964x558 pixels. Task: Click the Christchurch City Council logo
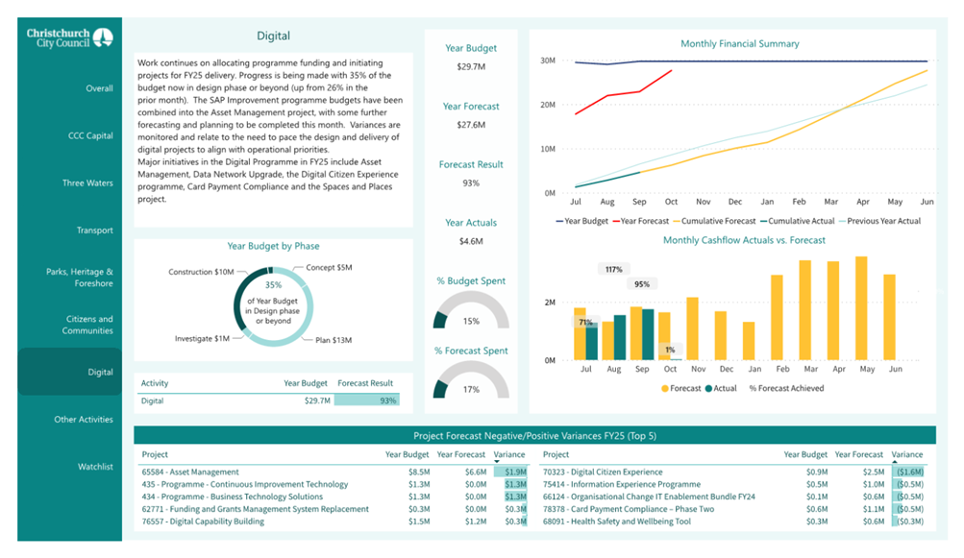[x=69, y=38]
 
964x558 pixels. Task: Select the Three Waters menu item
[x=87, y=183]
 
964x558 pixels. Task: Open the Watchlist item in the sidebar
[x=95, y=467]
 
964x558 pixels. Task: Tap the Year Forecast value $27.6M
[x=471, y=125]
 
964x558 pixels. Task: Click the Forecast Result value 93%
[x=471, y=183]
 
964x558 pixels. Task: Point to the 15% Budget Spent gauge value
[x=471, y=322]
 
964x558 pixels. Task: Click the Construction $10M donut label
[x=201, y=272]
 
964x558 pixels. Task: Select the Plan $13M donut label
[x=334, y=340]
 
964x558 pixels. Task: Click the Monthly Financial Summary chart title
[x=740, y=43]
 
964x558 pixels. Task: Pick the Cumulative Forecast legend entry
[x=714, y=221]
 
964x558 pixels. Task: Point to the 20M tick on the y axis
[x=548, y=105]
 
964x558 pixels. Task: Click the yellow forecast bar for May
[x=861, y=308]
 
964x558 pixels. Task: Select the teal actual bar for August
[x=620, y=337]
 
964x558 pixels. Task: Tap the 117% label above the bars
[x=613, y=269]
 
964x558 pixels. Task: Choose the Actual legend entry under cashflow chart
[x=721, y=388]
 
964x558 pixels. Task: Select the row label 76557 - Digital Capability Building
[x=203, y=522]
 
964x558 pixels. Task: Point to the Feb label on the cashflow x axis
[x=782, y=369]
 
